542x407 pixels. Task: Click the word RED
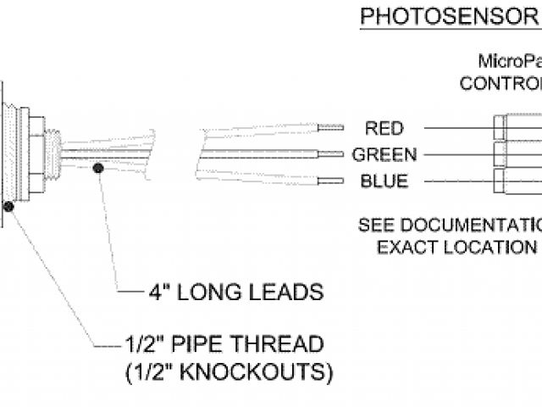click(384, 129)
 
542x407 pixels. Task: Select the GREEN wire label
click(384, 155)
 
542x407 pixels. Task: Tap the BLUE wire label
click(384, 181)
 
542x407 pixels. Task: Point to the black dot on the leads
click(99, 169)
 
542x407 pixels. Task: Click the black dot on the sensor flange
click(8, 205)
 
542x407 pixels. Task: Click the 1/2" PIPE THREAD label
click(223, 345)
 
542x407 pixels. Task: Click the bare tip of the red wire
click(331, 128)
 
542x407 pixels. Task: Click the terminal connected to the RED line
click(501, 128)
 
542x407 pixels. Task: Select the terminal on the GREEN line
click(501, 154)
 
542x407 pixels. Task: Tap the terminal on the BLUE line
click(501, 181)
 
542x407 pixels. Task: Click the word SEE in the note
click(376, 226)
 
